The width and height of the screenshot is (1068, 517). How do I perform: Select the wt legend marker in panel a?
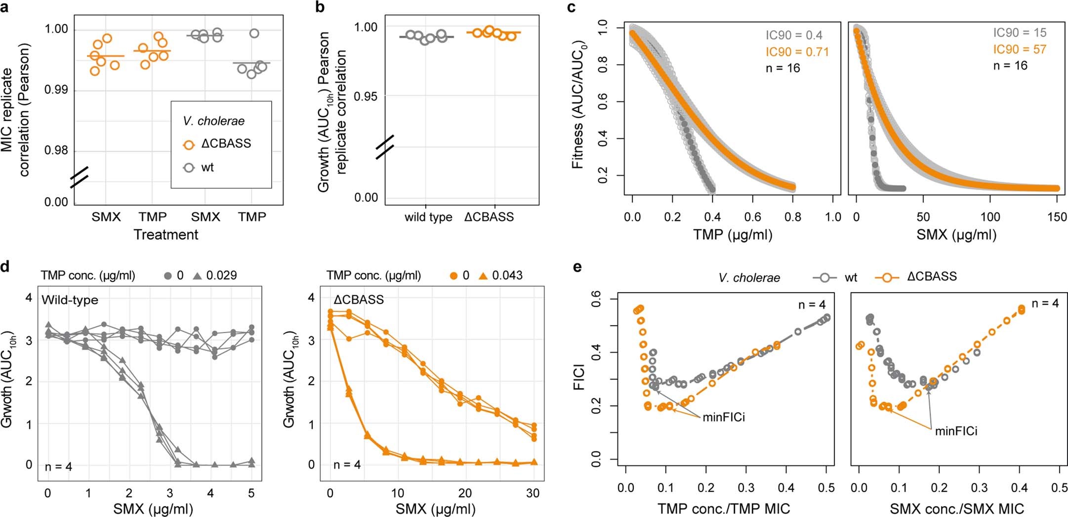(x=189, y=168)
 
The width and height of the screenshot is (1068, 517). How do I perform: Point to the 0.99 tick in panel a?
(x=56, y=90)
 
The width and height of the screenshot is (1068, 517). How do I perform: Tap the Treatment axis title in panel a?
(x=166, y=235)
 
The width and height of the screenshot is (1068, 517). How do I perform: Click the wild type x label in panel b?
(x=428, y=217)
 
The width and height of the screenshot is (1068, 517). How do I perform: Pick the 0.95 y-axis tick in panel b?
(x=365, y=96)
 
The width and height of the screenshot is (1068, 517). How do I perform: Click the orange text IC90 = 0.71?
(x=797, y=52)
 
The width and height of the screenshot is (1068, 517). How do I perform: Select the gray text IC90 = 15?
(x=1020, y=33)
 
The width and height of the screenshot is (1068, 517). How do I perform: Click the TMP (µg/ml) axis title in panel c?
(x=732, y=235)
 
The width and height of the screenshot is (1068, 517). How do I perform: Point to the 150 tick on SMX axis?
(x=1057, y=217)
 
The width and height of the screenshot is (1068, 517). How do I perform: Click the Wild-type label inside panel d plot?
(x=70, y=300)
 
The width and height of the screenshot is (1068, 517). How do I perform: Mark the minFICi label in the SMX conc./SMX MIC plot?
(x=956, y=431)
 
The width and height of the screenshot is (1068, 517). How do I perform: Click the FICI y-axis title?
(x=579, y=377)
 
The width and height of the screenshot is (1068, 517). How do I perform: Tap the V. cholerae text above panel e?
(x=749, y=278)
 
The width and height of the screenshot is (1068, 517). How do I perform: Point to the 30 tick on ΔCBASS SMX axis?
(x=533, y=493)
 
